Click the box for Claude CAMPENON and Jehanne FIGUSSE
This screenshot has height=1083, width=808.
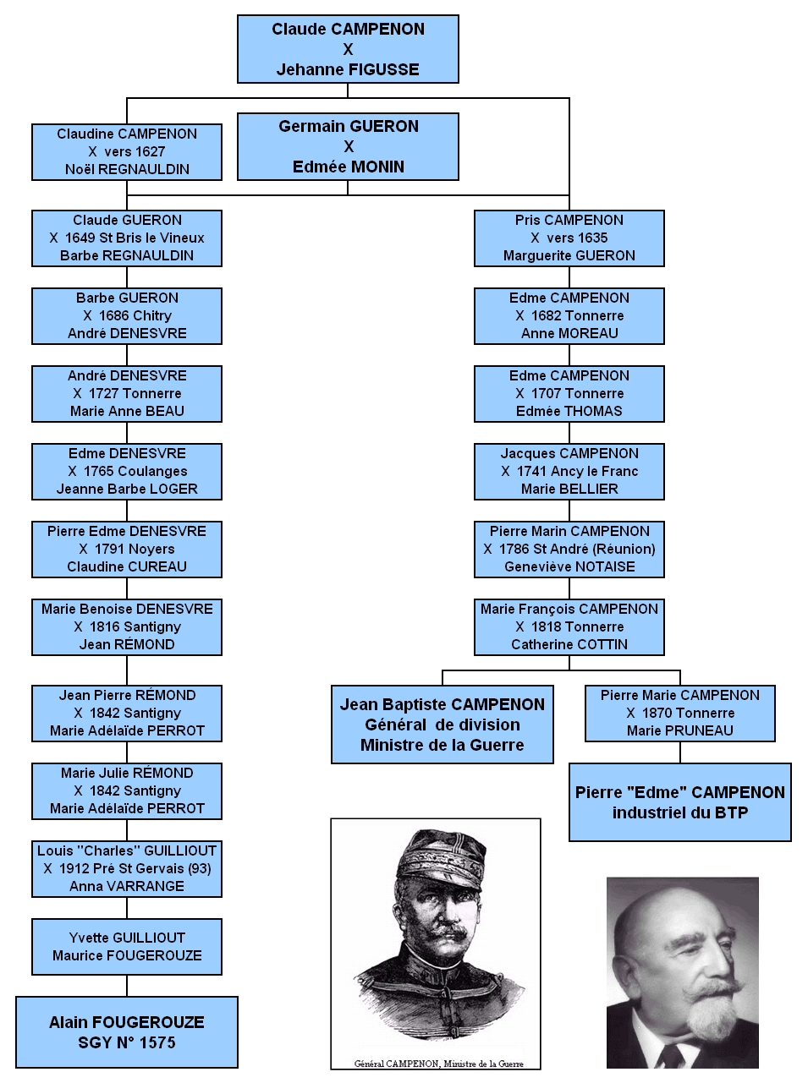tap(348, 49)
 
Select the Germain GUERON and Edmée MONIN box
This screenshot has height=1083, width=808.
tap(348, 146)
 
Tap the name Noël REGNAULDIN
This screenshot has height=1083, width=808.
tap(127, 169)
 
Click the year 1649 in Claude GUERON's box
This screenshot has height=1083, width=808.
tap(80, 238)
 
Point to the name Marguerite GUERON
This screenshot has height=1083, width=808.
tap(569, 255)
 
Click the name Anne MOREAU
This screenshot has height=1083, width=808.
tap(569, 334)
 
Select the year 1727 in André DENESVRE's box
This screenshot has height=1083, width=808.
tap(104, 393)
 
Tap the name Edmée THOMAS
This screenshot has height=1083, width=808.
tap(569, 411)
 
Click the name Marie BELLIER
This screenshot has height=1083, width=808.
tap(569, 489)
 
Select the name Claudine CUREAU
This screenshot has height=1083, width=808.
tap(127, 567)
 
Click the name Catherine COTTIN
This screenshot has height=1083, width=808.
tap(569, 644)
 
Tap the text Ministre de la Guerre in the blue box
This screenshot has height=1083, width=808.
tap(442, 745)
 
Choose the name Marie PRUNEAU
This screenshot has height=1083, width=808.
tap(679, 730)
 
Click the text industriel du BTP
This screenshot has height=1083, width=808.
tap(679, 812)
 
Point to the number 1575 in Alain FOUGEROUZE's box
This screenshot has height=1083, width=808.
tap(157, 1042)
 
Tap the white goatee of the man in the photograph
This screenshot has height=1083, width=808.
tap(712, 1015)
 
